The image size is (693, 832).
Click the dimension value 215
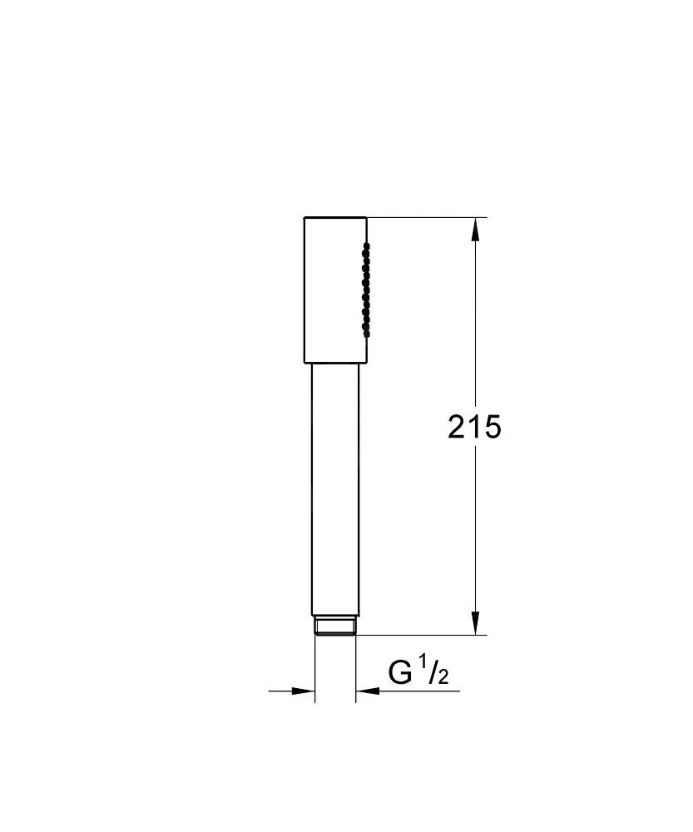point(474,428)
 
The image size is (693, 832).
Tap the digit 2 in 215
point(458,428)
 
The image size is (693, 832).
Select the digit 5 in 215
point(492,428)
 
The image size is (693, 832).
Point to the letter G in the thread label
point(400,672)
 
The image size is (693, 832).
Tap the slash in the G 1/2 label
point(432,671)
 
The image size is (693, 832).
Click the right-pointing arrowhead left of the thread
point(304,691)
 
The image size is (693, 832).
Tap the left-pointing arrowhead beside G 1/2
point(366,691)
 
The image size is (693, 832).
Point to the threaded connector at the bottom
point(335,626)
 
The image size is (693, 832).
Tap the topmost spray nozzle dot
point(366,245)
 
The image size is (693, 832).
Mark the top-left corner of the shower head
point(304,218)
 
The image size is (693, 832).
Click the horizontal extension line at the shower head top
point(424,218)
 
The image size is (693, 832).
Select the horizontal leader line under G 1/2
point(416,691)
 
